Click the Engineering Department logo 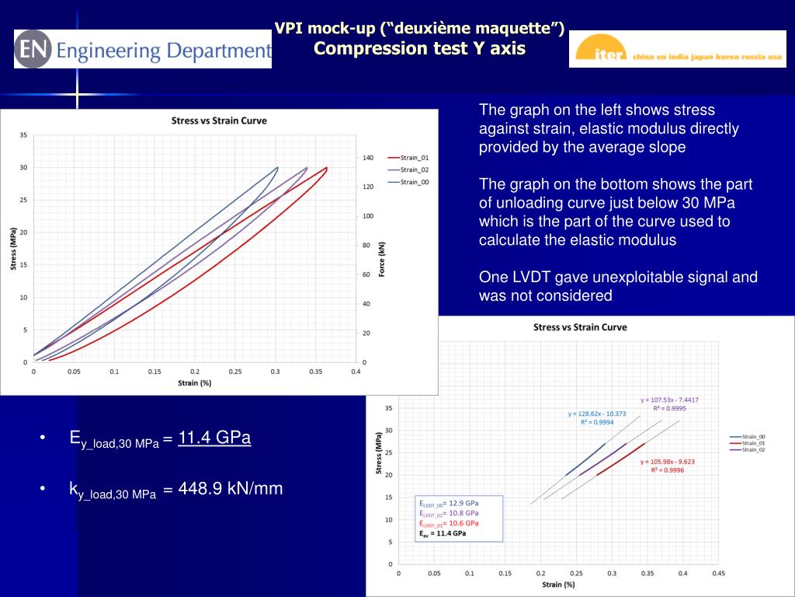pos(143,49)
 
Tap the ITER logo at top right pos(677,49)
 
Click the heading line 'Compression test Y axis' pos(419,49)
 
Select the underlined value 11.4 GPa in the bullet pos(214,438)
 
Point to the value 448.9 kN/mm pos(231,489)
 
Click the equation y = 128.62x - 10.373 pos(596,414)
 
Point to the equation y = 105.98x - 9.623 pos(668,461)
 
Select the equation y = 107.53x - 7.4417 pos(669,400)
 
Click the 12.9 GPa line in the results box pos(450,503)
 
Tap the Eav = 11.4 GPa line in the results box pos(443,533)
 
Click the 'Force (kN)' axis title pos(381,259)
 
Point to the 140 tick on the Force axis pos(368,158)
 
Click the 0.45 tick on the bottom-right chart pos(718,574)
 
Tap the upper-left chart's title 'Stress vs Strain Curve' pos(219,120)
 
